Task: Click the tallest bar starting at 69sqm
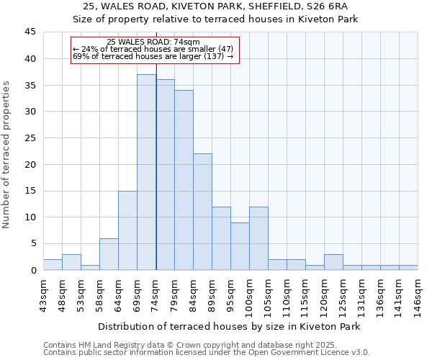coord(147,172)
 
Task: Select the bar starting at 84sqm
coord(202,212)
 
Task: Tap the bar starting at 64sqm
coord(127,230)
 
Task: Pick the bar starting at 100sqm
coord(258,238)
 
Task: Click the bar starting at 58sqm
coord(109,254)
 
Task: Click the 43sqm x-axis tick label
coord(43,292)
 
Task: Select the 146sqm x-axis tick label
coord(418,292)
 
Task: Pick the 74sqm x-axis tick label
coord(156,292)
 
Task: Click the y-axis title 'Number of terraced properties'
coord(6,155)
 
